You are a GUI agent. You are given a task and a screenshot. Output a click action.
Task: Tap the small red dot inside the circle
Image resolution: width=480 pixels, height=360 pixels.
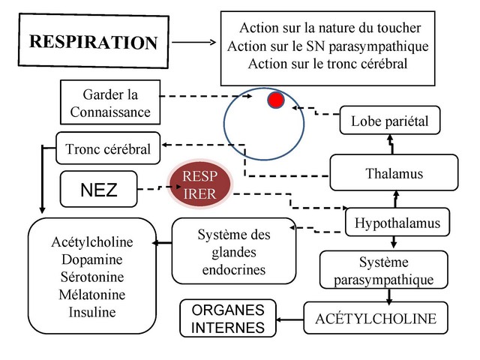tap(276, 100)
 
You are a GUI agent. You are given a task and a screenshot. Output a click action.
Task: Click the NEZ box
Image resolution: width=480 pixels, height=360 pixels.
tap(98, 190)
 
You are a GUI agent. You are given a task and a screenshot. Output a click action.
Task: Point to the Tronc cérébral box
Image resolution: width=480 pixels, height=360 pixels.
tap(108, 148)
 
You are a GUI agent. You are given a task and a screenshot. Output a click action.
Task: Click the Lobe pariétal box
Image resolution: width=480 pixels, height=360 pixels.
tap(389, 121)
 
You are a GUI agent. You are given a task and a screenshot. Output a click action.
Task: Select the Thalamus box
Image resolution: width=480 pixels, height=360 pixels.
tap(394, 174)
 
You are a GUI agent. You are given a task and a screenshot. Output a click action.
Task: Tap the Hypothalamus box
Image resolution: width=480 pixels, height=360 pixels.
tap(397, 223)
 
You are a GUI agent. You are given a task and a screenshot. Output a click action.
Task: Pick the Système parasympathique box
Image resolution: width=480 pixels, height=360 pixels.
tap(383, 271)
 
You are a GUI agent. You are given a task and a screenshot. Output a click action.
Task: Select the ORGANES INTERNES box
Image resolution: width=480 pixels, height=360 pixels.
tap(228, 319)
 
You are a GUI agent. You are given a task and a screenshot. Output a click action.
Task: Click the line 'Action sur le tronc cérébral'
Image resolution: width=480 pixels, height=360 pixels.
tap(327, 64)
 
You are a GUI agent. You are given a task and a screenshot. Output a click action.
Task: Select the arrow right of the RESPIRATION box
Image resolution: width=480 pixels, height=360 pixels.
tap(193, 42)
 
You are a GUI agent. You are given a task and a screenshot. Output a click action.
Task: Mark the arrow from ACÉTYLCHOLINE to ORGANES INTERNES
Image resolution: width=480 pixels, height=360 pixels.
tap(290, 319)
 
